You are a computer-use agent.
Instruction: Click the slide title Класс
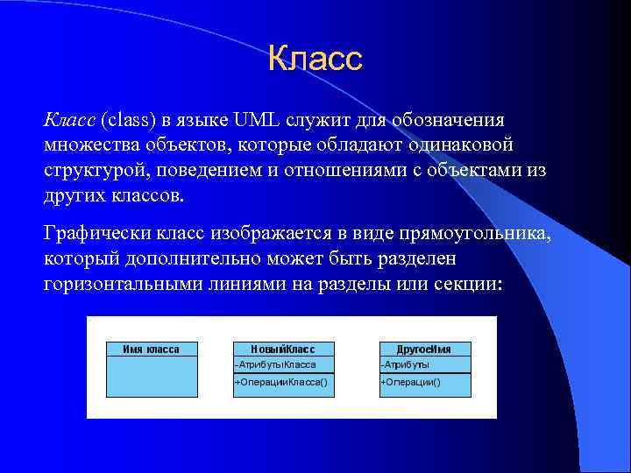(x=315, y=60)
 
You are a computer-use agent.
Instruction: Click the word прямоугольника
(x=474, y=235)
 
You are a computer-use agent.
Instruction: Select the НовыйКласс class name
(x=282, y=349)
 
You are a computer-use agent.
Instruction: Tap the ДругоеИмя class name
(x=425, y=349)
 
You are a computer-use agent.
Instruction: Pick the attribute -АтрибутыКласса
(x=275, y=364)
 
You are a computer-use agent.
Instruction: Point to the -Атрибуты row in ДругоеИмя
(x=405, y=364)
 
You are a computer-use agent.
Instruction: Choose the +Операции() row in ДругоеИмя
(x=410, y=382)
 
